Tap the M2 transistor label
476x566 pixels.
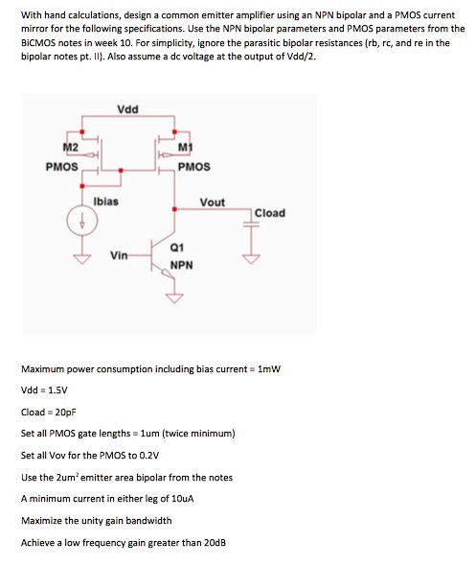69,145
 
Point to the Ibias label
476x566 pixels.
105,201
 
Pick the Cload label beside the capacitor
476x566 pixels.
269,212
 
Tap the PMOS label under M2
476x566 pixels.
62,166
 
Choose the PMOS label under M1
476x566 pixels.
193,166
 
